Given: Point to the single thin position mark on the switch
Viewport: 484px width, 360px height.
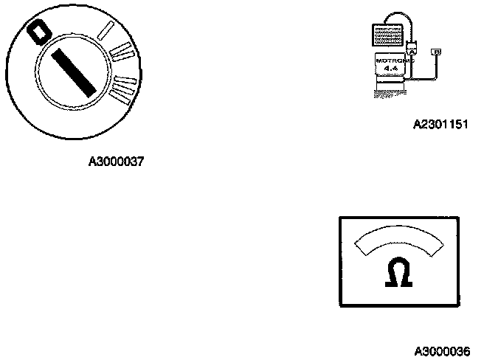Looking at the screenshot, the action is tap(105, 30).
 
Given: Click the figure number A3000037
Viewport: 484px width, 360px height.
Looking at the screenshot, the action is tap(117, 161).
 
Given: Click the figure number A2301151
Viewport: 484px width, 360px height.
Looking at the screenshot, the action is tap(440, 124).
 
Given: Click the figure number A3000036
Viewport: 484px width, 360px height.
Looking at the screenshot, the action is tap(440, 348).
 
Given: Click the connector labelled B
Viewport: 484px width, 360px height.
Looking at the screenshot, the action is tap(438, 52).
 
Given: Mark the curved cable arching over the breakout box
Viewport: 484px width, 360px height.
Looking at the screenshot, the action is tap(402, 16).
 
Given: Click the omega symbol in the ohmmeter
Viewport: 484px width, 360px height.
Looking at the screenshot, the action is tap(398, 274).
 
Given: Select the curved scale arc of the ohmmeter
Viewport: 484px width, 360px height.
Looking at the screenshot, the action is tap(398, 239).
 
